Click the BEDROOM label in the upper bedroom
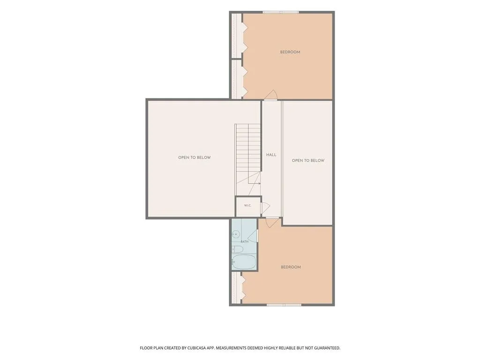290,52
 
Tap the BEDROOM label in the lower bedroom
291,267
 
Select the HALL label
271,155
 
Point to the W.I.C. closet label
247,205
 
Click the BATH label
244,241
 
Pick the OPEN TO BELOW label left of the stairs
195,157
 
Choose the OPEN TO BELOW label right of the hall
308,160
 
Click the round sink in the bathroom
235,234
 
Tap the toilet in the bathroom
237,249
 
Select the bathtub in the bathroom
244,262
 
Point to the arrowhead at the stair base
259,183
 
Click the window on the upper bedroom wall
280,12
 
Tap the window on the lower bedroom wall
284,305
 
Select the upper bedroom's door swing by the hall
271,95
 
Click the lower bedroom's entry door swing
272,222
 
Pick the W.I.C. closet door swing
265,208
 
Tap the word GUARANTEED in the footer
327,348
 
